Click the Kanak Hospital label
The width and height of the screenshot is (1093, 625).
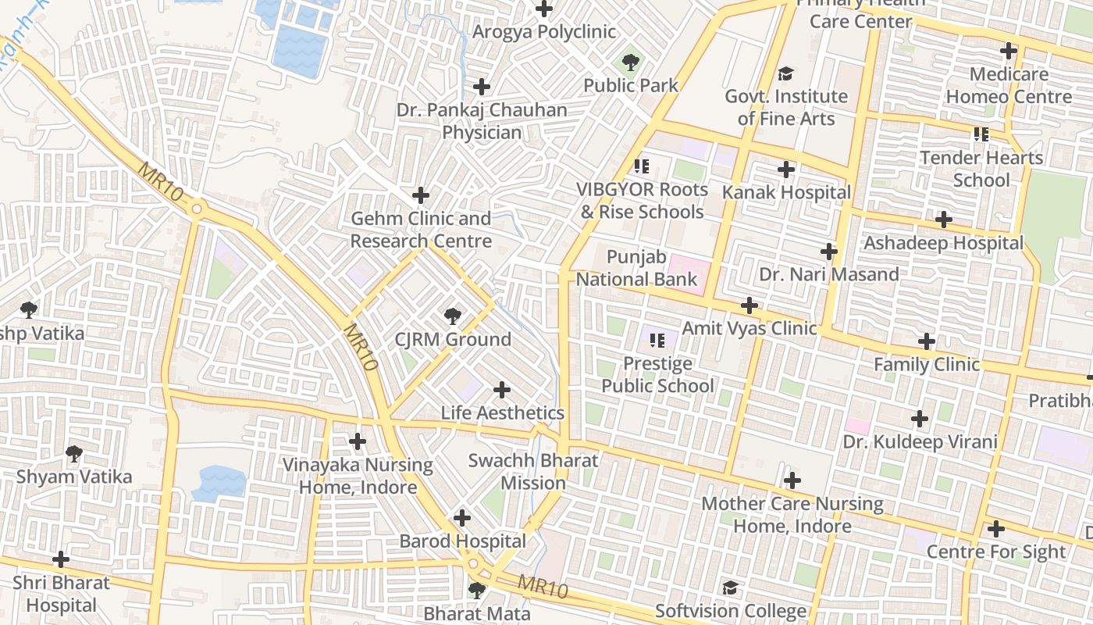click(786, 192)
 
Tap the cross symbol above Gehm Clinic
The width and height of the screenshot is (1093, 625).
click(421, 195)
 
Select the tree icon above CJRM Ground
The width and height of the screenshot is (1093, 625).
click(452, 316)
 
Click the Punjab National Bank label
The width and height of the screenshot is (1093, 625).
click(637, 268)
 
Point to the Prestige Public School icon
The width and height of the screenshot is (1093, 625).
click(657, 340)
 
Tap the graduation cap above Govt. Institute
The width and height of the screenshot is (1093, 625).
click(785, 73)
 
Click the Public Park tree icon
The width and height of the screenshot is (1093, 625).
click(631, 62)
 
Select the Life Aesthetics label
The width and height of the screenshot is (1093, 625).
click(502, 412)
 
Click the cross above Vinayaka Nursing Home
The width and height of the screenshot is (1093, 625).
click(358, 441)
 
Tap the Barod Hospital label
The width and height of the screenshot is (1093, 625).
click(462, 541)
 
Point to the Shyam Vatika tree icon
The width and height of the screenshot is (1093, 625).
click(74, 453)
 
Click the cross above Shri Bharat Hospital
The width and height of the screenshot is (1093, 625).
click(60, 559)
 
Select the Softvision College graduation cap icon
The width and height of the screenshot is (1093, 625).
click(730, 587)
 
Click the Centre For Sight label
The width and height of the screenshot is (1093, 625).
click(995, 552)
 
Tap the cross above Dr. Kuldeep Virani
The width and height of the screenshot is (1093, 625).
click(920, 419)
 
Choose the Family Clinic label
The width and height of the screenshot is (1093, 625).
click(926, 365)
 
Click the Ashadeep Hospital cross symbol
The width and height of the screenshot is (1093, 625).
click(943, 220)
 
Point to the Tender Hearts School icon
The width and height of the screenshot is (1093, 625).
click(981, 134)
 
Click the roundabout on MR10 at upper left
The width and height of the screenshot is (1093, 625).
click(196, 209)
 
